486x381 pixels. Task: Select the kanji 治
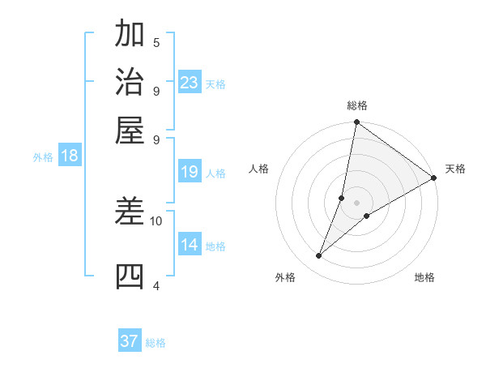coord(130,82)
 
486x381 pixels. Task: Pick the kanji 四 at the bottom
coord(130,276)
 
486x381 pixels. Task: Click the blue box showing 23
coord(190,82)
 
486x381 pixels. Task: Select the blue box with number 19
coord(190,172)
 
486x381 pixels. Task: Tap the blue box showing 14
coord(190,245)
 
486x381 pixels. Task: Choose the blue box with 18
coord(70,156)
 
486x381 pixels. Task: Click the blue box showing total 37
coord(130,341)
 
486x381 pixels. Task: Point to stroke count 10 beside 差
coord(156,220)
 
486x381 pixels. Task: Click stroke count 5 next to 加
coord(156,42)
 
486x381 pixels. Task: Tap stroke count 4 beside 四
coord(156,285)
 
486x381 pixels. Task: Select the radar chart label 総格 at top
coord(357,105)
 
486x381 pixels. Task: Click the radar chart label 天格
coord(455,169)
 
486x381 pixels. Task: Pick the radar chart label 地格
coord(424,277)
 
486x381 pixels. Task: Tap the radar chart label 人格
coord(259,169)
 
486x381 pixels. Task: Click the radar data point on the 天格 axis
coord(433,178)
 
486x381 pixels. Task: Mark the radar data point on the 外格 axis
coord(319,256)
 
